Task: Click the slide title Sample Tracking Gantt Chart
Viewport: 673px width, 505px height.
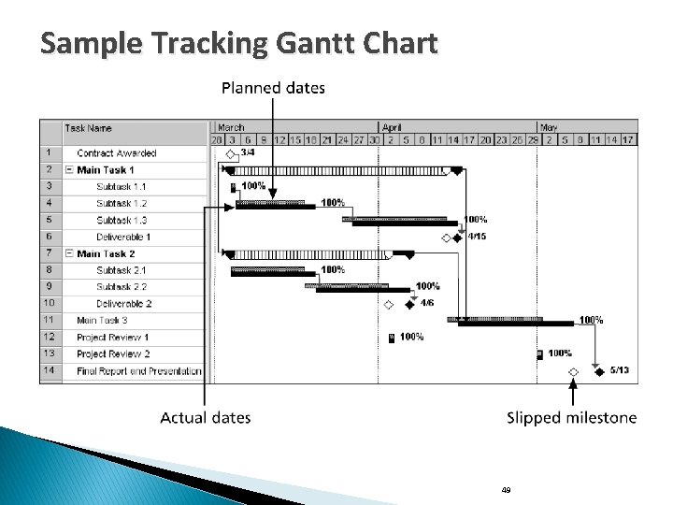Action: click(x=238, y=43)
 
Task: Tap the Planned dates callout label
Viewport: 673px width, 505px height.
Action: click(x=273, y=89)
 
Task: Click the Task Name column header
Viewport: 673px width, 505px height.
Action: click(x=88, y=128)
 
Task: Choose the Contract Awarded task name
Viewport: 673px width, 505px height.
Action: click(x=117, y=153)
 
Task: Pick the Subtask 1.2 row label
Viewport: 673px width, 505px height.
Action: click(x=122, y=203)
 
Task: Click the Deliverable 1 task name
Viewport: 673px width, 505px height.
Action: click(x=123, y=237)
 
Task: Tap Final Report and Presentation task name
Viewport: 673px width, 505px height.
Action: click(x=139, y=371)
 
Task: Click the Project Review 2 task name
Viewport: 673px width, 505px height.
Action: click(x=113, y=354)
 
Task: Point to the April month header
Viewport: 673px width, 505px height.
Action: click(x=392, y=127)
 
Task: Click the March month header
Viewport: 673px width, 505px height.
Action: click(x=231, y=127)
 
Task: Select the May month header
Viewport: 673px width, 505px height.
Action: click(x=549, y=127)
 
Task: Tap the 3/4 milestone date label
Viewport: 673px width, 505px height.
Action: click(x=248, y=152)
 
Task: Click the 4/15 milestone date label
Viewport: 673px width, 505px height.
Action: click(x=477, y=237)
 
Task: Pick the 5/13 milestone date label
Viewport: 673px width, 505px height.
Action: click(x=619, y=370)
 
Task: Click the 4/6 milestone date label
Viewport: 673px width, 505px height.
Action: click(x=426, y=303)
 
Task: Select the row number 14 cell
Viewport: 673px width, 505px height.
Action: click(x=49, y=371)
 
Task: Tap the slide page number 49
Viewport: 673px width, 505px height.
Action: click(x=506, y=489)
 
